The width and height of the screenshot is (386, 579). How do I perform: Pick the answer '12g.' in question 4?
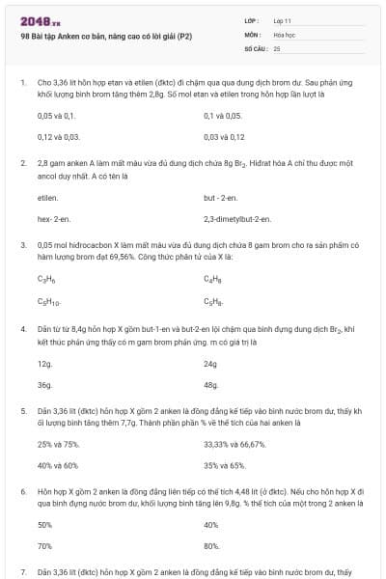click(x=45, y=364)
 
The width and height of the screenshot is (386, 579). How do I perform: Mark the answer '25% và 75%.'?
click(x=58, y=446)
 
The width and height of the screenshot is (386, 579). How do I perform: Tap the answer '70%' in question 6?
click(x=44, y=546)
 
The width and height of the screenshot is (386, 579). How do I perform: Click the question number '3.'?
click(x=22, y=245)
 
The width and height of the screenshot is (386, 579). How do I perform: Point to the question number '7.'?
click(x=22, y=572)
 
